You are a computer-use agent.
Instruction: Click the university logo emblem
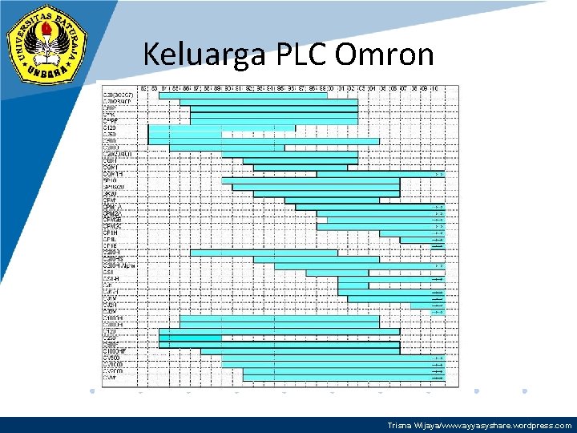47,47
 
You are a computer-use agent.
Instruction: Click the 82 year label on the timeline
143,87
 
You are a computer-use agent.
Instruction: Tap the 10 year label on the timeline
434,87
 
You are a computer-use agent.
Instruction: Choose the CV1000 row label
113,364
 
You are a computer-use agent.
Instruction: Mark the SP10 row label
110,180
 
